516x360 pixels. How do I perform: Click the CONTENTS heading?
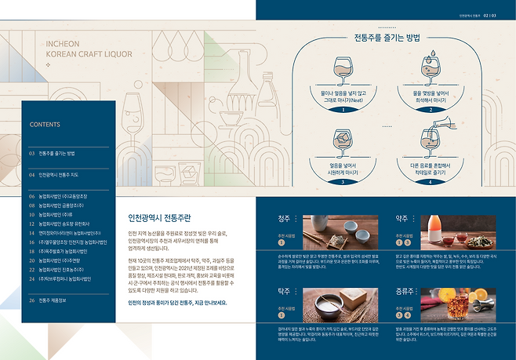point(45,124)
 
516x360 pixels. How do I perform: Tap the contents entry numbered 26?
point(52,300)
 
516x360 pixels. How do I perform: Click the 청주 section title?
point(285,218)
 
